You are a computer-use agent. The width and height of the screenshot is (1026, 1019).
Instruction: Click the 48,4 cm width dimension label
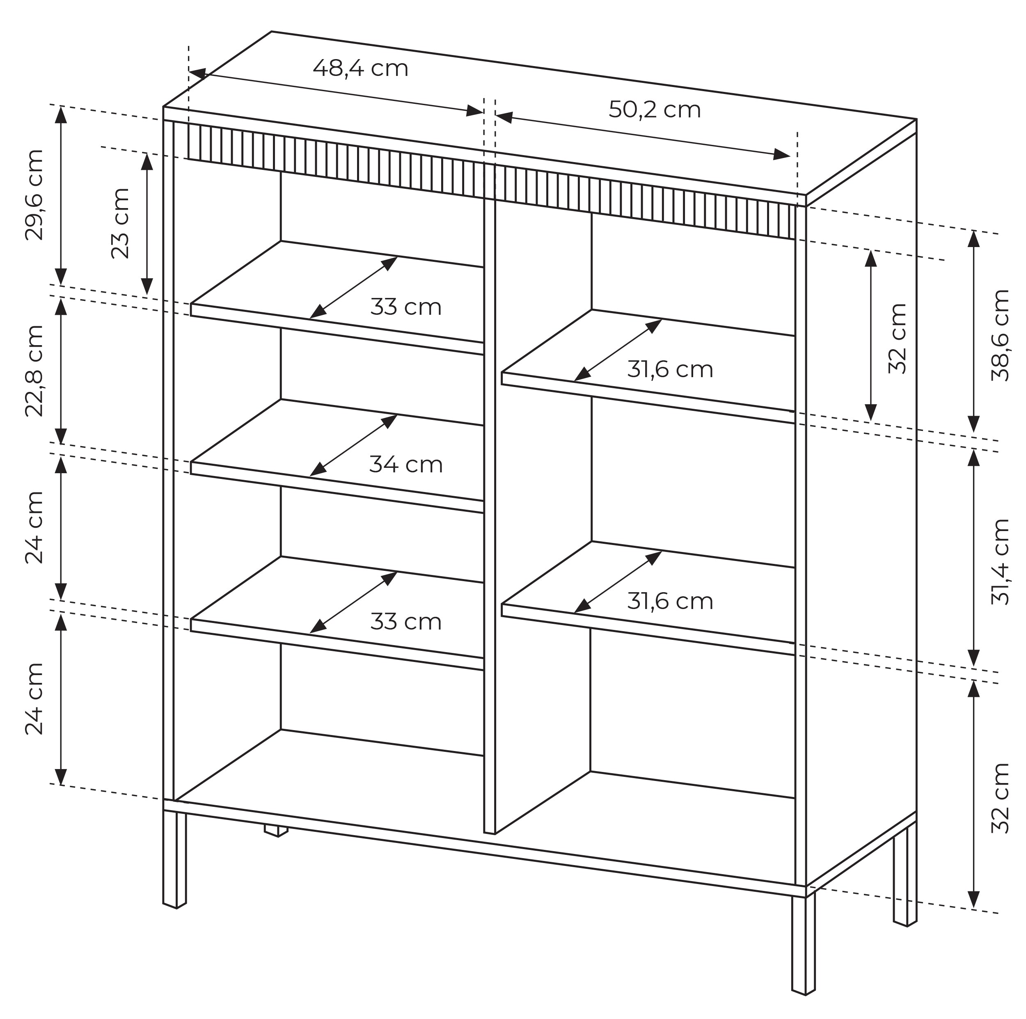361,69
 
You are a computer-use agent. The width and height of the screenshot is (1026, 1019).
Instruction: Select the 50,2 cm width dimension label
654,110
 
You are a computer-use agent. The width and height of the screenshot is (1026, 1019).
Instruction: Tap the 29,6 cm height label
34,195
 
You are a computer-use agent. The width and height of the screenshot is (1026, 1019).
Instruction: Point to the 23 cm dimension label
120,223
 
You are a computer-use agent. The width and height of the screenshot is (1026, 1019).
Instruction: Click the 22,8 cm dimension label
34,370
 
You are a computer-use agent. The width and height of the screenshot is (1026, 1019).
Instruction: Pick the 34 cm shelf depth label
406,465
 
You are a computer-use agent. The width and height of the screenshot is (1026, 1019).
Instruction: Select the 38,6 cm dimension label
1000,335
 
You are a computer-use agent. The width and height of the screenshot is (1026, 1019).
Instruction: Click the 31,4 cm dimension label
1000,561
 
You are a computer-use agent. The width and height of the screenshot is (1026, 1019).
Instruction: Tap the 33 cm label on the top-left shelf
406,307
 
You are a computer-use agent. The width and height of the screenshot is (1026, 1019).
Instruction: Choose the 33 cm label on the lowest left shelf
406,622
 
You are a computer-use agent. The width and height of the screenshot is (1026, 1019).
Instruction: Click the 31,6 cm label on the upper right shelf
670,369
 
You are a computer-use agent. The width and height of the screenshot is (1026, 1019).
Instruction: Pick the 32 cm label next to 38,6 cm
898,338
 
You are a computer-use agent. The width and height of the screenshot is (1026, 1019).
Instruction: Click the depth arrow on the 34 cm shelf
353,445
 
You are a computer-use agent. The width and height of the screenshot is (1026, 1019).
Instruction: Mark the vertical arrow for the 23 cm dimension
147,224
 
